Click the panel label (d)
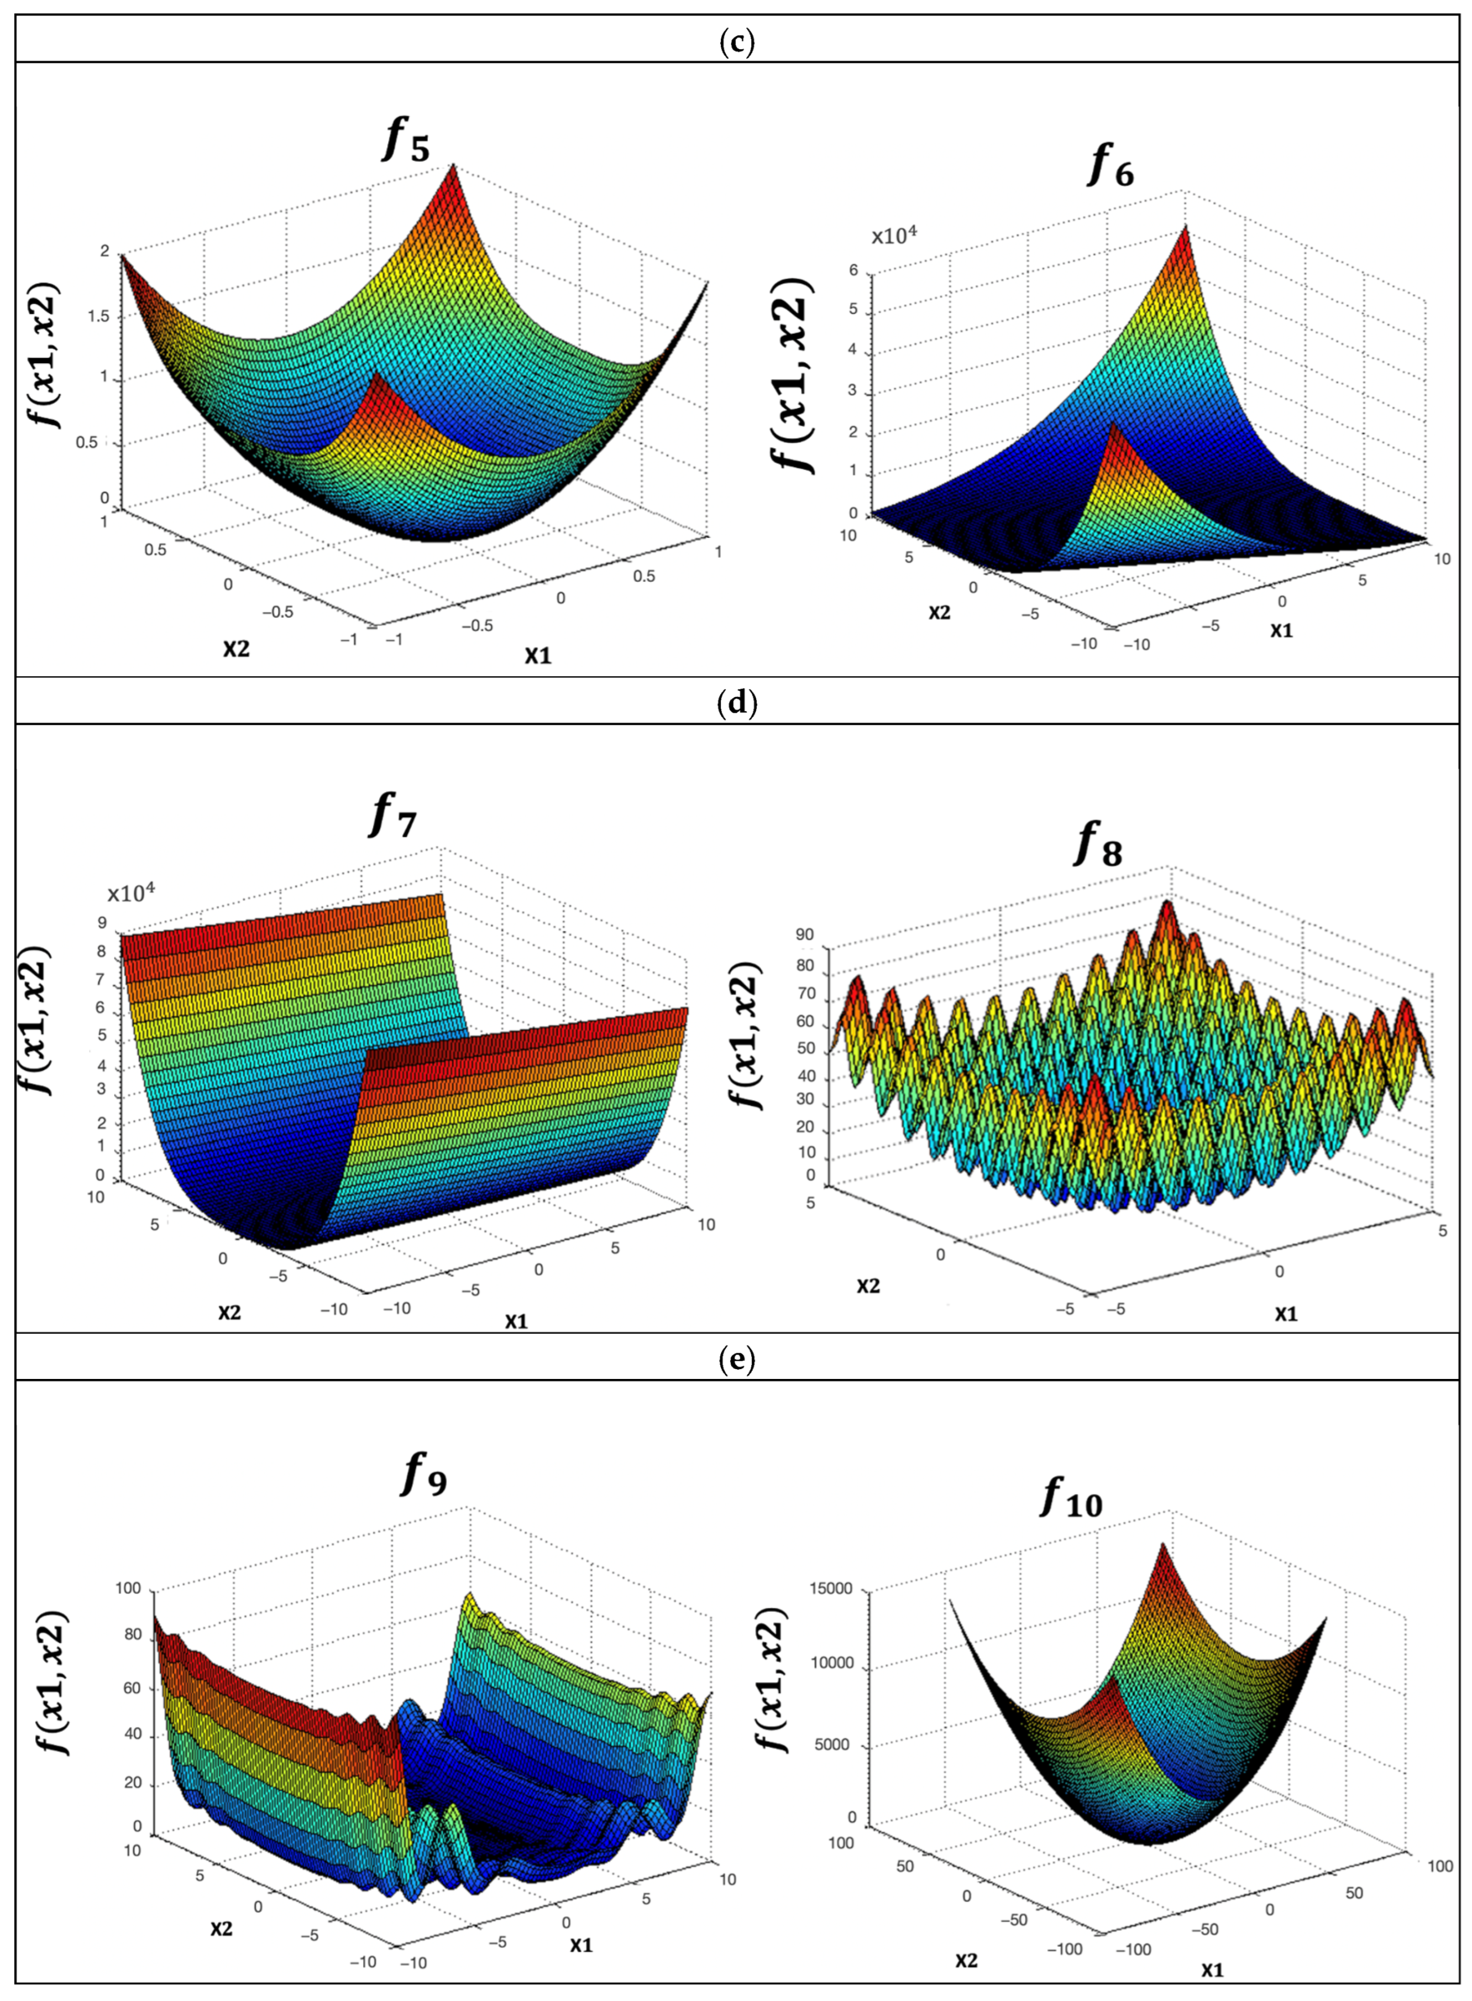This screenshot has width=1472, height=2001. point(736,704)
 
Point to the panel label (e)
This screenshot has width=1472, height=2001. point(736,1359)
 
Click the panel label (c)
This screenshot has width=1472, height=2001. point(736,42)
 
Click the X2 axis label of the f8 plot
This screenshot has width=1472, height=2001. point(869,1286)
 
